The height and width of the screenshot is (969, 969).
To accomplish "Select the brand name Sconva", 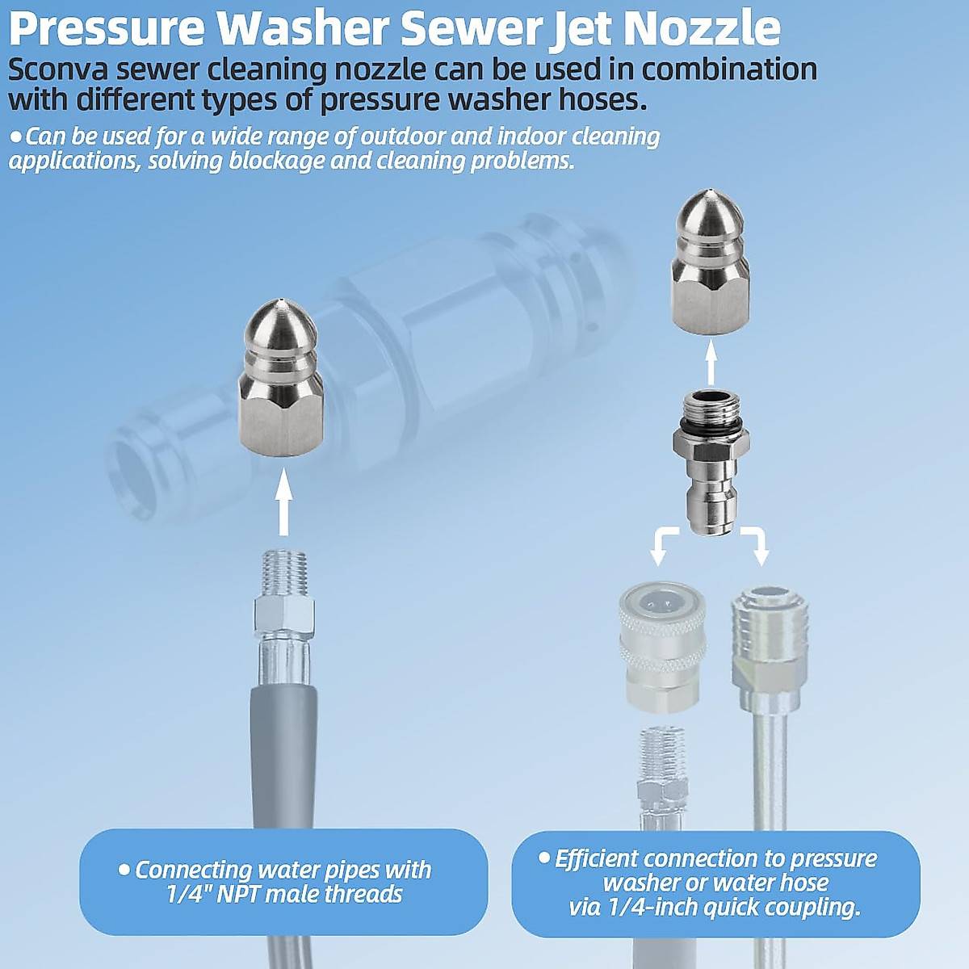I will tap(60, 69).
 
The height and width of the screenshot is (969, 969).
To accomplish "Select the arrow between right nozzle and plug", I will tap(711, 362).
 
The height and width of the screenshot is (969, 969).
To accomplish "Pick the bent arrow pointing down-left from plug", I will tap(662, 544).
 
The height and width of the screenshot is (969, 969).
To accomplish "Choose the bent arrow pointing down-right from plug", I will tap(757, 544).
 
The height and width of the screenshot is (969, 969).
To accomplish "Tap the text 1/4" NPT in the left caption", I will tap(214, 895).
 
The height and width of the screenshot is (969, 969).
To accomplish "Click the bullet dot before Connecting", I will tap(124, 870).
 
